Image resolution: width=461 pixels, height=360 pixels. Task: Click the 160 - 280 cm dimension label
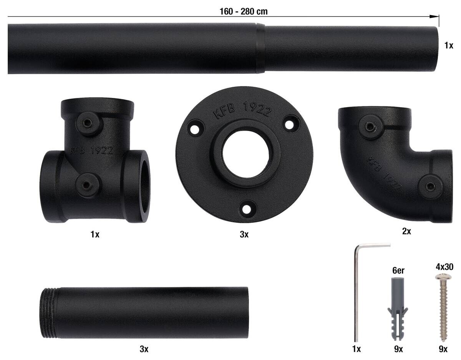coord(244,12)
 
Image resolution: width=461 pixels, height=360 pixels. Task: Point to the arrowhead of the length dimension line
coord(434,17)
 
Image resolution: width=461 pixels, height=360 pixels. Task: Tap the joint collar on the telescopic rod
coord(260,48)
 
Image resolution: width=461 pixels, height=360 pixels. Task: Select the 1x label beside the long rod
coord(449,45)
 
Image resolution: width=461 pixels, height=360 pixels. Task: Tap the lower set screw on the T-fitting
coord(86,185)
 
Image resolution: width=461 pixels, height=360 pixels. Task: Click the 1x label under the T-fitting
coord(95,234)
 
